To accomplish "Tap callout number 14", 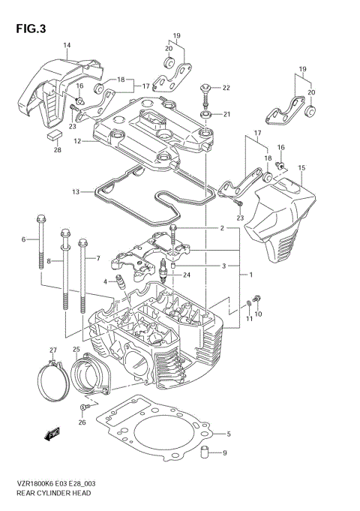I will point(67,47).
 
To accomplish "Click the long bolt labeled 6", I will point(38,244).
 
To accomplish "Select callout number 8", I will point(49,261).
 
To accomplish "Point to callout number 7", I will point(97,259).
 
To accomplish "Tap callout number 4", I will point(106,282).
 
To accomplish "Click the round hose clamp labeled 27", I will point(52,382).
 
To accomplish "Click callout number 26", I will point(83,422).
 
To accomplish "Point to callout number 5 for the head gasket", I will point(228,434).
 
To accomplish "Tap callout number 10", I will point(259,314).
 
